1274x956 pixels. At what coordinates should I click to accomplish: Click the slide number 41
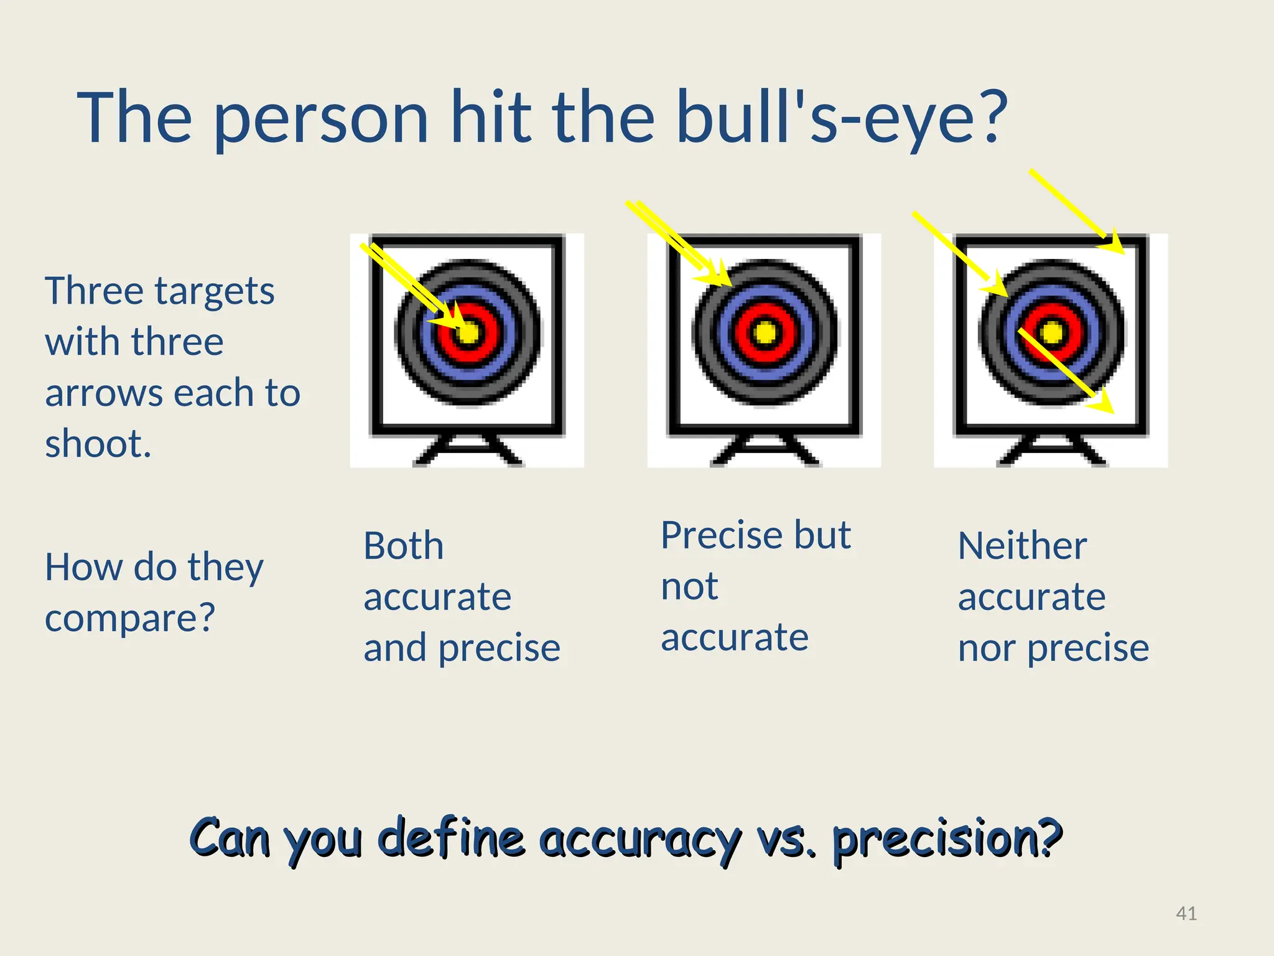1186,913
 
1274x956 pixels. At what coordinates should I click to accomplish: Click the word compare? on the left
129,618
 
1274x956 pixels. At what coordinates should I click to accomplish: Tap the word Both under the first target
403,546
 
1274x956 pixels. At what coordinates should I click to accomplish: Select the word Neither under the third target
1022,546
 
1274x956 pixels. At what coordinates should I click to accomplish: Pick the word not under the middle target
689,586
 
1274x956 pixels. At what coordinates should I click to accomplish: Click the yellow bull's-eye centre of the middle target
765,332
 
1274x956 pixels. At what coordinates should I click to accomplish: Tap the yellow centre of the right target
1052,332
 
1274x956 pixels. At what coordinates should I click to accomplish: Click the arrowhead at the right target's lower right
1104,403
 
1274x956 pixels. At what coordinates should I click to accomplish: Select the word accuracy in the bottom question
641,838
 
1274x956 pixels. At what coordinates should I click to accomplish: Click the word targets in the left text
214,291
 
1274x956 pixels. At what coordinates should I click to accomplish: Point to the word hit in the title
491,118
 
